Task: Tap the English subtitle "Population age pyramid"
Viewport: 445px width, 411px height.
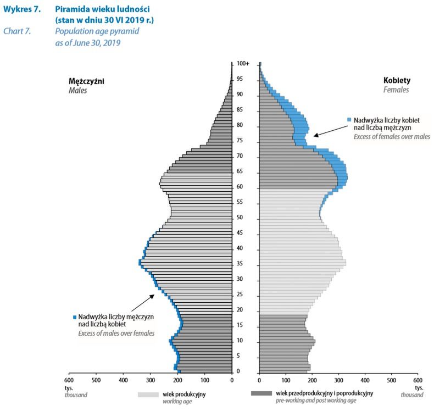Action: coord(97,31)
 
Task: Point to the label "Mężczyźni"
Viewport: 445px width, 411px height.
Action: coord(82,81)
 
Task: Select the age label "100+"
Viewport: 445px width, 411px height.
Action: coord(243,64)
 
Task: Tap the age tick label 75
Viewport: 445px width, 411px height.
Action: coord(240,141)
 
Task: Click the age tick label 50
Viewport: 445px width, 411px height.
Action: coord(240,218)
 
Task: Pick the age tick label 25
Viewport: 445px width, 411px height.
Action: coord(240,295)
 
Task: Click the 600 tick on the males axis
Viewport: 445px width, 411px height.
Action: coord(69,380)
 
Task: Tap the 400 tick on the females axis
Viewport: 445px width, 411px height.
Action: coord(365,380)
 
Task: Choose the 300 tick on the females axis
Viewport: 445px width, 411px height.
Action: coord(338,380)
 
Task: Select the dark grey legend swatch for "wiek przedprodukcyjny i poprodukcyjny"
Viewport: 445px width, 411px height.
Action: coord(261,393)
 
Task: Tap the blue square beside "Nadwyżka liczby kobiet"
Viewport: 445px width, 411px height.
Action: coord(349,119)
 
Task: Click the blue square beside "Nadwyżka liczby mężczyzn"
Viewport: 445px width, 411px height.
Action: coord(74,317)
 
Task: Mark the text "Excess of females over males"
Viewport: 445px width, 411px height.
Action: coord(392,136)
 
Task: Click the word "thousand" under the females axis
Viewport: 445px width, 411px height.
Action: coord(412,395)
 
